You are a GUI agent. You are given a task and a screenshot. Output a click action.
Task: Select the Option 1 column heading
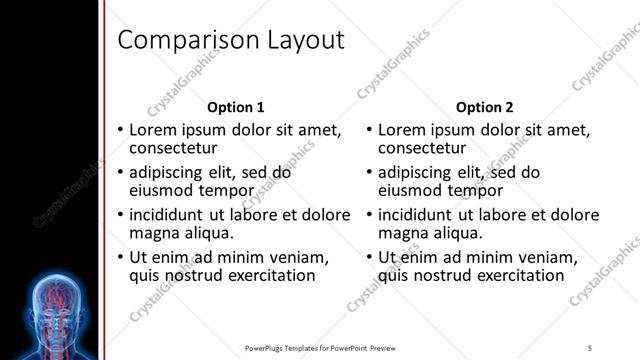click(x=236, y=107)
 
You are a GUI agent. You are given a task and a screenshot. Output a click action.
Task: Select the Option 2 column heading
click(x=485, y=107)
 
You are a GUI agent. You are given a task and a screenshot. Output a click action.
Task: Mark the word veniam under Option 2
click(x=540, y=257)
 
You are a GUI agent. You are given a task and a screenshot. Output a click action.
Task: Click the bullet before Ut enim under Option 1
click(x=120, y=257)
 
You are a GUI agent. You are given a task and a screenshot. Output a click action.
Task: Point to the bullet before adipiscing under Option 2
click(x=369, y=172)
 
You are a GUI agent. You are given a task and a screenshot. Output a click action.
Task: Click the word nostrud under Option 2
click(x=446, y=275)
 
